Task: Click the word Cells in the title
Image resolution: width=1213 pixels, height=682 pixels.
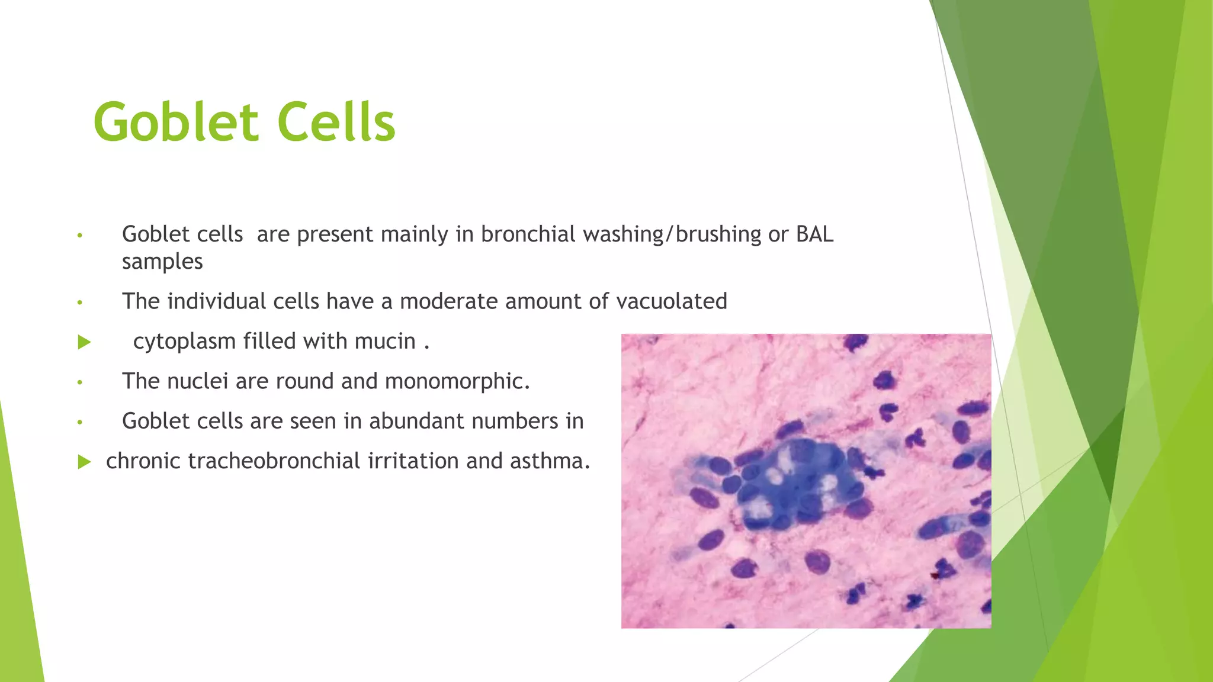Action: click(x=336, y=123)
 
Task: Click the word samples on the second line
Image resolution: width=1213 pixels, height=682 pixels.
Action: click(x=162, y=262)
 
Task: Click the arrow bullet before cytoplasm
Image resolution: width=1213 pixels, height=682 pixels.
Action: click(x=84, y=342)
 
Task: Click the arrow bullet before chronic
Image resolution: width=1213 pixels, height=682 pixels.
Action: click(x=84, y=462)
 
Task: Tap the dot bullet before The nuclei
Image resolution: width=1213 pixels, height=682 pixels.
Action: click(x=79, y=382)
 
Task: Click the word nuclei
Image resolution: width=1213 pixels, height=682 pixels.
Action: click(x=197, y=381)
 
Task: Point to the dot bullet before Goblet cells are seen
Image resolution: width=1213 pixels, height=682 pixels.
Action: click(x=79, y=422)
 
